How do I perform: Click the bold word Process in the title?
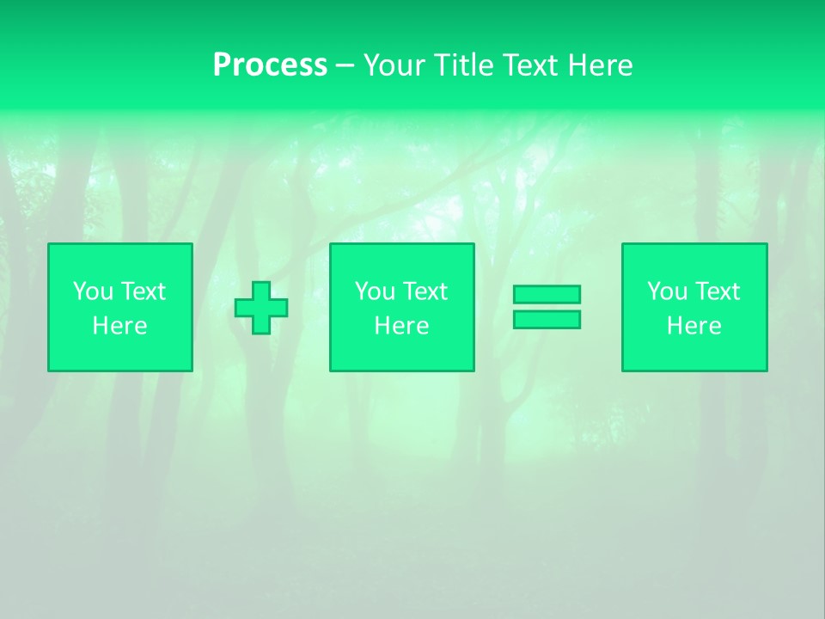point(270,65)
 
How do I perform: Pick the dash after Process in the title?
point(345,66)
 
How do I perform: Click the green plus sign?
point(261,308)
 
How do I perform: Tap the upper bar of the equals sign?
point(547,294)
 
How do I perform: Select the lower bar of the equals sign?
point(547,319)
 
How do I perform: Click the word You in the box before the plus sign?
point(93,291)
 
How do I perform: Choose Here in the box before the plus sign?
point(119,326)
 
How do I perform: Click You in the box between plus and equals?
point(375,291)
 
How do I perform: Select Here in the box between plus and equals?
point(401,326)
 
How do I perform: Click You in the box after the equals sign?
point(667,291)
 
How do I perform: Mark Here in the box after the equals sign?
point(694,326)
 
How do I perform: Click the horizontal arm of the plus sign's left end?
point(242,308)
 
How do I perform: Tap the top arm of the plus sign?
point(261,289)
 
